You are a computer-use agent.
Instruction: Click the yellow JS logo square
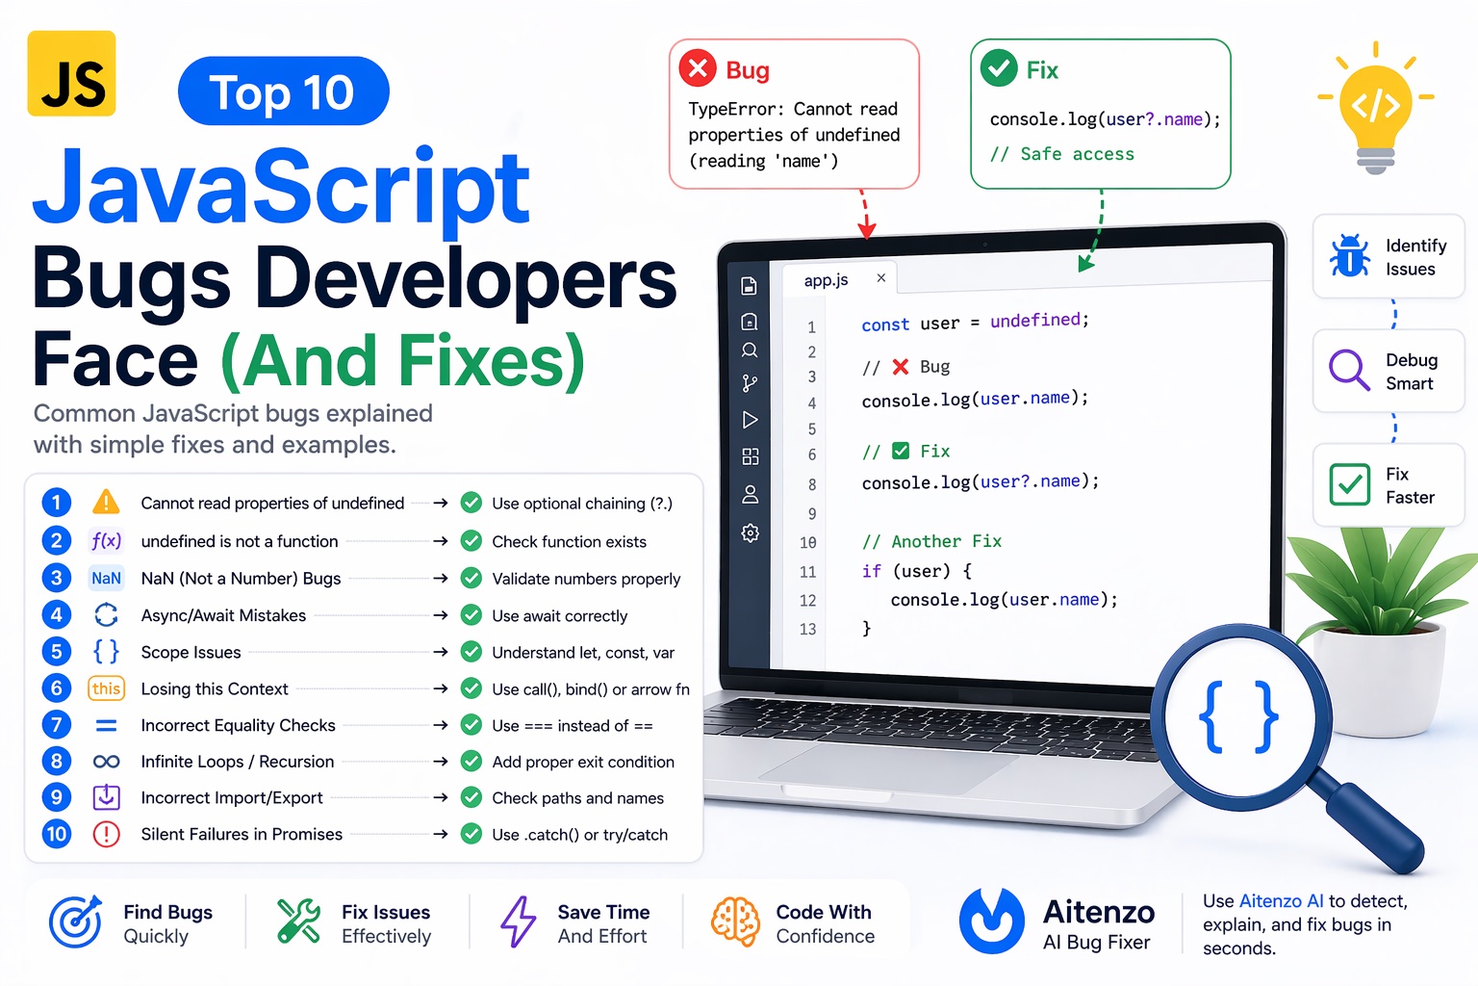(x=71, y=73)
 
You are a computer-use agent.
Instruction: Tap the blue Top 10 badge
(x=283, y=91)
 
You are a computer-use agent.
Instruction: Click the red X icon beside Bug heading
(x=698, y=68)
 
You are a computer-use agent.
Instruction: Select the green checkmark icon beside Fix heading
(x=998, y=67)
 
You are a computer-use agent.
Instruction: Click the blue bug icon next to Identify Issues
(x=1349, y=256)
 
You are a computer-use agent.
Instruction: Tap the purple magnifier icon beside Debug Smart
(x=1348, y=370)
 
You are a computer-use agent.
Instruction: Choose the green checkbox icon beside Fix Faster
(x=1349, y=484)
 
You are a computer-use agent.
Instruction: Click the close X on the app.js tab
(x=880, y=277)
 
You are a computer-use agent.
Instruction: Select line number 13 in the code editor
(x=807, y=629)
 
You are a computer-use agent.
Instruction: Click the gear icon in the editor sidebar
(x=751, y=532)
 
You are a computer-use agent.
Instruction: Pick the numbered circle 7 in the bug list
(x=57, y=724)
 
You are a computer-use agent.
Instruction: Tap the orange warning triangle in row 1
(x=106, y=502)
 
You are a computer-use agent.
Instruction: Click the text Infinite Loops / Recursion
(x=238, y=762)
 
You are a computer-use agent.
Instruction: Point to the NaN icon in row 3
(x=106, y=578)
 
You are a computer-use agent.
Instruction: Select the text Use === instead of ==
(x=572, y=725)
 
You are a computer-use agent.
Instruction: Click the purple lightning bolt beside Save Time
(x=518, y=921)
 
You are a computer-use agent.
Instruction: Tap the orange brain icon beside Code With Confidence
(x=735, y=921)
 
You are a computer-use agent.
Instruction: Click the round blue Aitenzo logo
(x=991, y=921)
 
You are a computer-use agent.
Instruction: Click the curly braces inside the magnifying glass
(x=1238, y=716)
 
